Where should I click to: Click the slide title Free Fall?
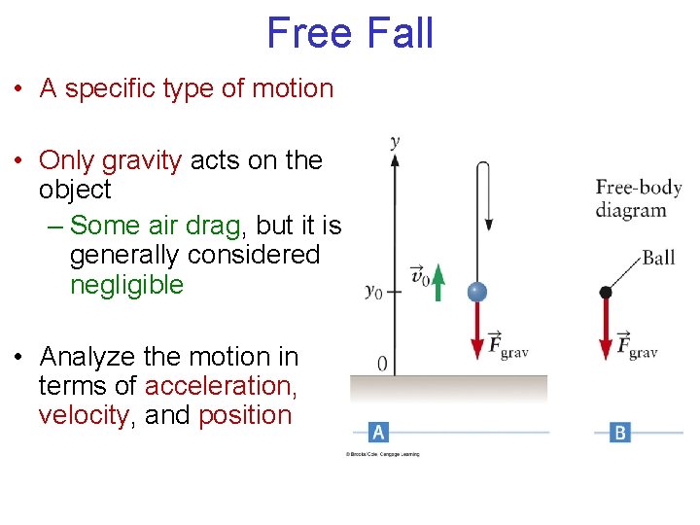click(349, 33)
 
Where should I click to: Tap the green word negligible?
click(126, 285)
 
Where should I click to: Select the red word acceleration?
click(221, 386)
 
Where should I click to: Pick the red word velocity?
click(83, 415)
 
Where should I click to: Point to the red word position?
click(244, 415)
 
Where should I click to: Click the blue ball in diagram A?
click(476, 292)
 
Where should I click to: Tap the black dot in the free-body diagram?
click(606, 292)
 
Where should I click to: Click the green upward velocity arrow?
click(438, 282)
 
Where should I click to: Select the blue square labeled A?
click(379, 431)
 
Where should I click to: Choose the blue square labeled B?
click(620, 432)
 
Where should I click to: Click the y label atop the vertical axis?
click(395, 142)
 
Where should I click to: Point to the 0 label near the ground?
click(382, 364)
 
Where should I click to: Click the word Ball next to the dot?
click(658, 258)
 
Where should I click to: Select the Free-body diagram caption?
click(631, 198)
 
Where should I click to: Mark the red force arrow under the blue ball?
click(477, 331)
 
